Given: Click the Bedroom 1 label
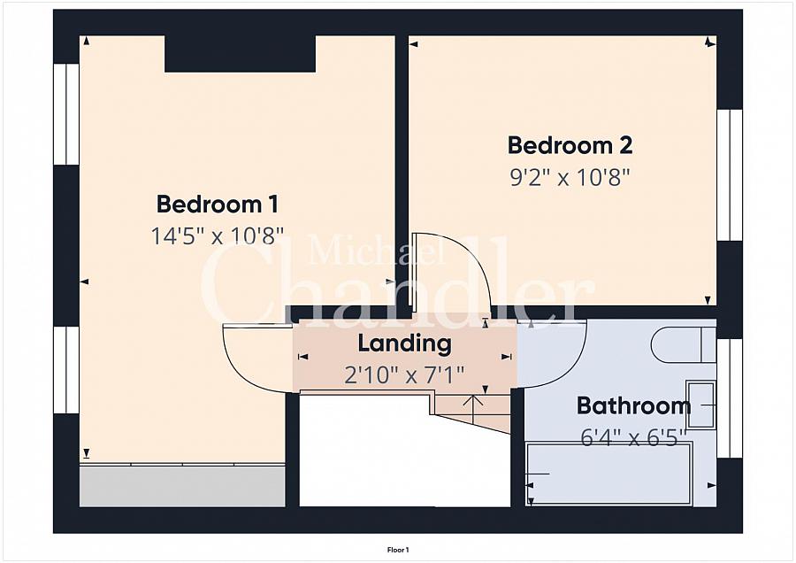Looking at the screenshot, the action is point(218,204).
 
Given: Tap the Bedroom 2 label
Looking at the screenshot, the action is point(570,145).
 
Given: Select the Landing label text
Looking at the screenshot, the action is point(404,343).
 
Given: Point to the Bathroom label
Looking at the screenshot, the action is point(633,405).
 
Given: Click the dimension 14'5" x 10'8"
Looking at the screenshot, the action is point(218,235).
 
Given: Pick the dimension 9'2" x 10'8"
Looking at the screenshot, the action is point(570,178).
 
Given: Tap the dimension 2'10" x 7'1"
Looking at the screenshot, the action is point(404,376).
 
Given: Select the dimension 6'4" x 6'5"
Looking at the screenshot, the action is point(633,437).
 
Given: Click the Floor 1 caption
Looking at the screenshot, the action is point(398,550).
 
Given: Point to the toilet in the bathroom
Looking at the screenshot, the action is point(683,344).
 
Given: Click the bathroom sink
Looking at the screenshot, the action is point(701,405).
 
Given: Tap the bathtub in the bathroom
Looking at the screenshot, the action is point(609,474).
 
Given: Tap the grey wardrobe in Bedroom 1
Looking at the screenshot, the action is point(181,486).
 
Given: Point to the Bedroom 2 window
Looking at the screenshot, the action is point(730,174).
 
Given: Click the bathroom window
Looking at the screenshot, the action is point(730,397).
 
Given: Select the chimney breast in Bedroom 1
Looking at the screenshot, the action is point(240,54).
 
